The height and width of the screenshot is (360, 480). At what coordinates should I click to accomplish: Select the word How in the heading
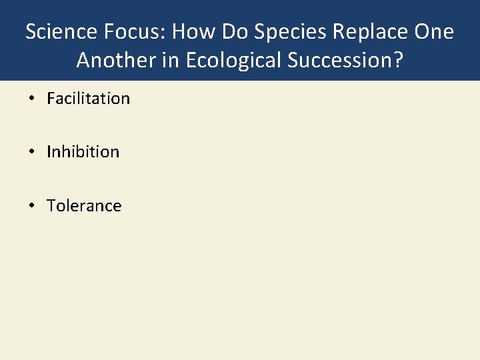[x=189, y=32]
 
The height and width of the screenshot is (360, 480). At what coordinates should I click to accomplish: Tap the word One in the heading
[x=433, y=32]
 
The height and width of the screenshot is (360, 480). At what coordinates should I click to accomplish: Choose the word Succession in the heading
[x=343, y=60]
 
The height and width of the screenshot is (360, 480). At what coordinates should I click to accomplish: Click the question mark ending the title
[x=398, y=60]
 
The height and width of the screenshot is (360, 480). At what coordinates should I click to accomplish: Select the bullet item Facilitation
[x=88, y=99]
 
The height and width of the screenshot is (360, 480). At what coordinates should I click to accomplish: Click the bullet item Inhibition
[x=83, y=152]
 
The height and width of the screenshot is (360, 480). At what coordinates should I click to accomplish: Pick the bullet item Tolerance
[x=84, y=206]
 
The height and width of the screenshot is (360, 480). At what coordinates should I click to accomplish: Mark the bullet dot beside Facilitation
[x=31, y=99]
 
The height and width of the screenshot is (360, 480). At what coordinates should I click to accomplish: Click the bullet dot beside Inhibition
[x=31, y=153]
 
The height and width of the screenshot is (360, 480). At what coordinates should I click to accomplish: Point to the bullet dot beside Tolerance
[x=31, y=206]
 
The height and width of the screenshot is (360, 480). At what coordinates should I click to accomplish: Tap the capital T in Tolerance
[x=51, y=206]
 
